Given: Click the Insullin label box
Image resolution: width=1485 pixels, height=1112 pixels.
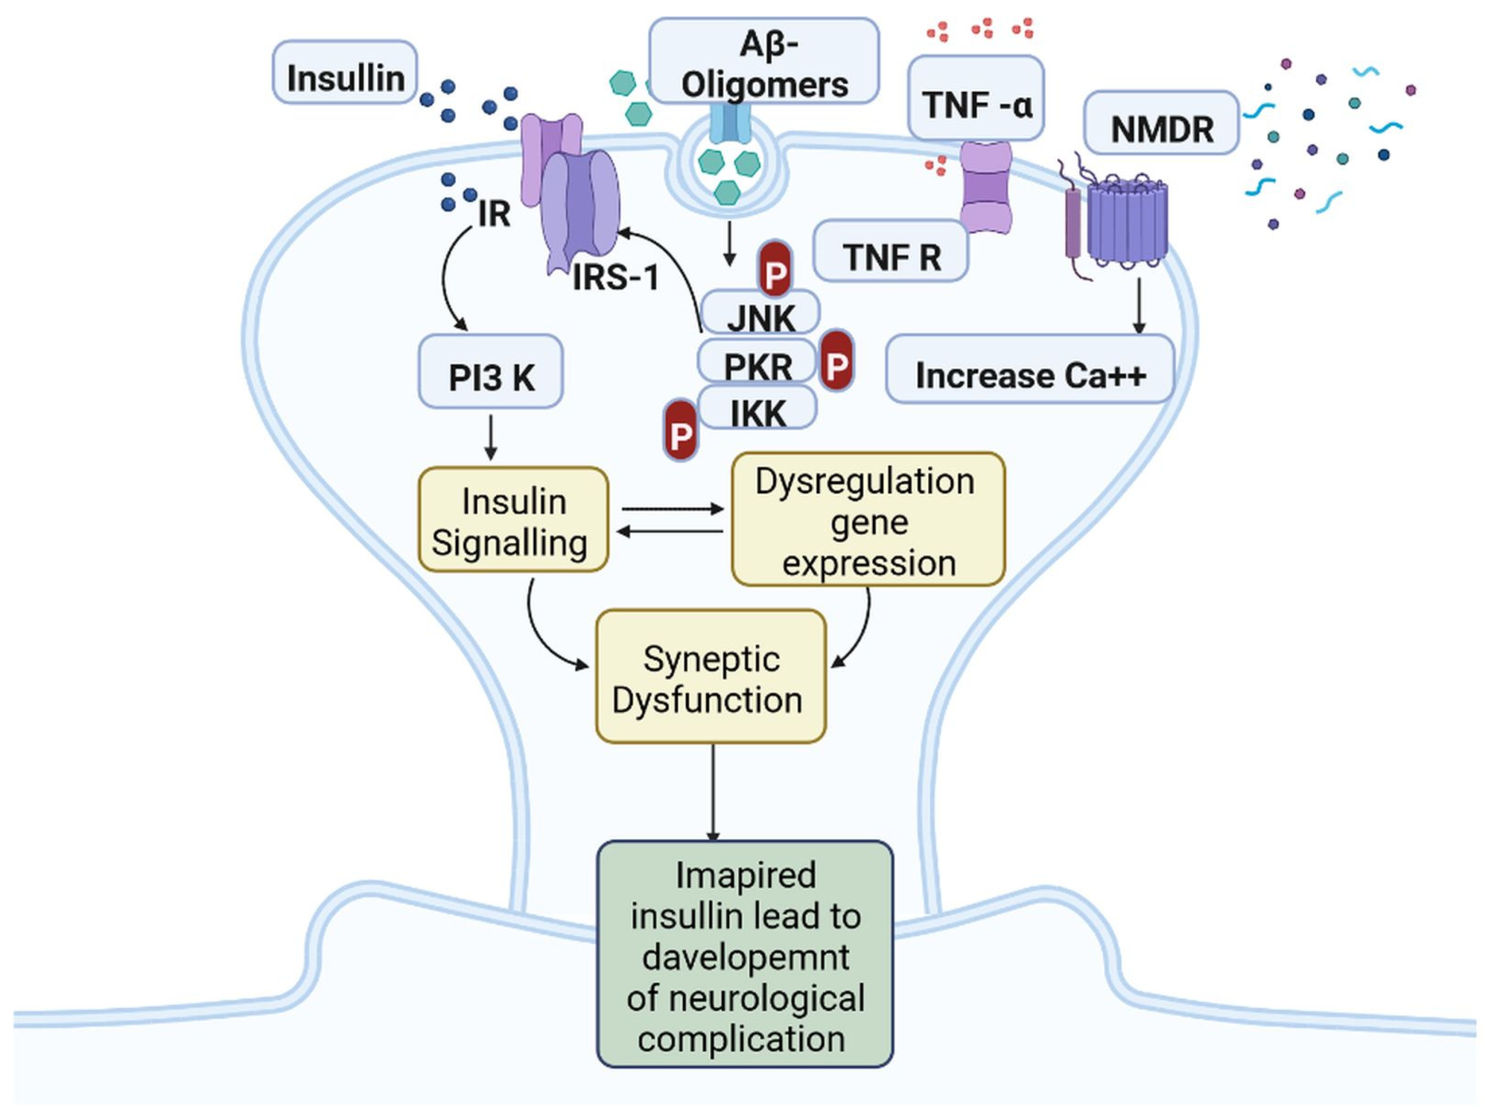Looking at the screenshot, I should click(345, 73).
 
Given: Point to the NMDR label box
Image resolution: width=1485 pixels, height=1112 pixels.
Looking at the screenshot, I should click(1161, 123).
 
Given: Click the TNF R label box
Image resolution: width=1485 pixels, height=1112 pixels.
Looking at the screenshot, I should click(891, 251).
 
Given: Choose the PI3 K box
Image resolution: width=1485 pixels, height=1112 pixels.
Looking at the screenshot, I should click(491, 371).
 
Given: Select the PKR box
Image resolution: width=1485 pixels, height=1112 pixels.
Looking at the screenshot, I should click(758, 362).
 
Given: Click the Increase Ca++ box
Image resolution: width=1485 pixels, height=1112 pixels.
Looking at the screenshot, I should click(1030, 369).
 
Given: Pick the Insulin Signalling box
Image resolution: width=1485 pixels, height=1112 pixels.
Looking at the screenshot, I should click(513, 519).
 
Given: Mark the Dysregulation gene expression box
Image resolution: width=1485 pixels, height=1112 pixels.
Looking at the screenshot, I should click(867, 519).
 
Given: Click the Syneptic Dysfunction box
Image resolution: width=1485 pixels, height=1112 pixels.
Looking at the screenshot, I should click(711, 676).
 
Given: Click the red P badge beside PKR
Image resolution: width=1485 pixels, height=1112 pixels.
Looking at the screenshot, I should click(836, 360).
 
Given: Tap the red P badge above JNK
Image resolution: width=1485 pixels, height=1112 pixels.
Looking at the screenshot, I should click(776, 269).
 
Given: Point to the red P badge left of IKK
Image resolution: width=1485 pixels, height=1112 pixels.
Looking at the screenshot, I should click(680, 430).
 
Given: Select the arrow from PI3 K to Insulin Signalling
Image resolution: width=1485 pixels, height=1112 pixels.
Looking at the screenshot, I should click(491, 437).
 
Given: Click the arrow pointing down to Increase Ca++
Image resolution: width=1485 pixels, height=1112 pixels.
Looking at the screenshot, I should click(1139, 306).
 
